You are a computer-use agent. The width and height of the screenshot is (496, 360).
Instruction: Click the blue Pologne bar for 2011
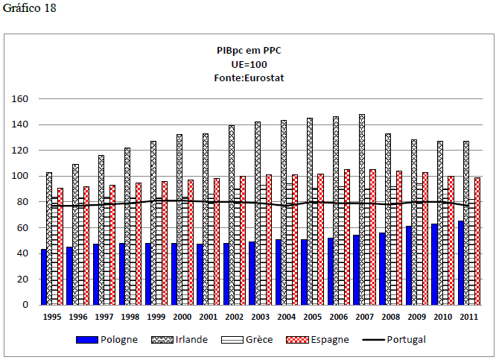coord(461,262)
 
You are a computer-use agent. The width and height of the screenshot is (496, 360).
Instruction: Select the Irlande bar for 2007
coord(361,209)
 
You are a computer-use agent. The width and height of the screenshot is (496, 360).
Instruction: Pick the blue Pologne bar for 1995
coord(44,277)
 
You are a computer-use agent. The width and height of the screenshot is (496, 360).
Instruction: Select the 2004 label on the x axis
coord(286,316)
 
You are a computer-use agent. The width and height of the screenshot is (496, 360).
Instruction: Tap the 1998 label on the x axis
coord(130,316)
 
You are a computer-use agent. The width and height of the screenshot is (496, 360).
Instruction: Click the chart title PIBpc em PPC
coord(249,50)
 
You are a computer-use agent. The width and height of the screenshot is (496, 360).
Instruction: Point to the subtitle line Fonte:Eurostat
coord(249,77)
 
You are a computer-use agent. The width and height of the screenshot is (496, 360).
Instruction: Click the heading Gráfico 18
coord(30,7)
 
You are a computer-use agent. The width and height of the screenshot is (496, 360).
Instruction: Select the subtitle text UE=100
coord(249,63)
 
